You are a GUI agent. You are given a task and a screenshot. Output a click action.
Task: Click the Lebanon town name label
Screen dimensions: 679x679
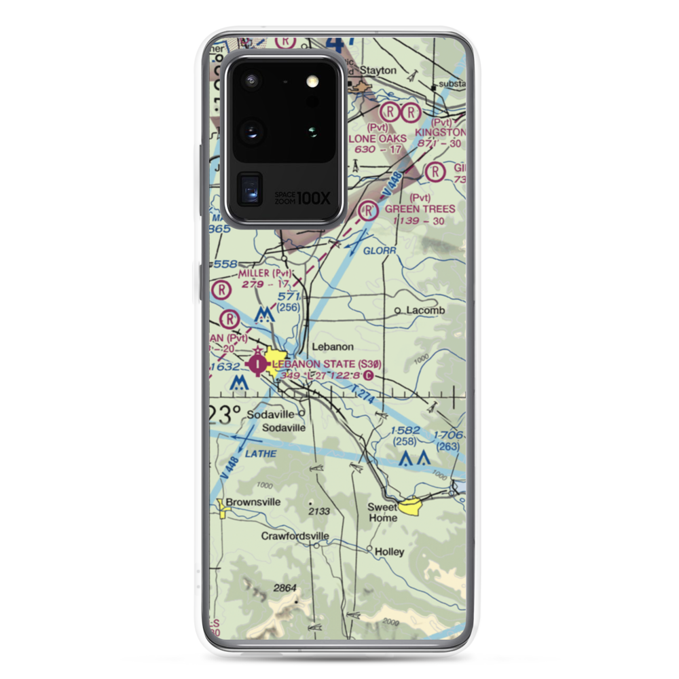click(x=333, y=346)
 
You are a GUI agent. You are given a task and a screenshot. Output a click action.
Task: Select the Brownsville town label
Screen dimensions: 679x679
click(x=253, y=502)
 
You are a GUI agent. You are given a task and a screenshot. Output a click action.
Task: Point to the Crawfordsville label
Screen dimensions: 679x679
click(x=295, y=536)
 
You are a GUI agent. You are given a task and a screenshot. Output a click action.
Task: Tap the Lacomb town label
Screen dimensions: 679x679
click(x=425, y=310)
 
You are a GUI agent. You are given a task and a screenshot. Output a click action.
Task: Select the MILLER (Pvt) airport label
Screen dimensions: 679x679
click(x=264, y=273)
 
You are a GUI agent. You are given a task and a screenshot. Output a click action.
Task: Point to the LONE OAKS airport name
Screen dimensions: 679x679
click(x=378, y=139)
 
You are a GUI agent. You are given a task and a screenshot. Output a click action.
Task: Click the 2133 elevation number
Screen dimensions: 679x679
click(x=319, y=511)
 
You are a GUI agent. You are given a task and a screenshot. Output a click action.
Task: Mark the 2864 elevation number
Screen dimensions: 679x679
click(x=286, y=586)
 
